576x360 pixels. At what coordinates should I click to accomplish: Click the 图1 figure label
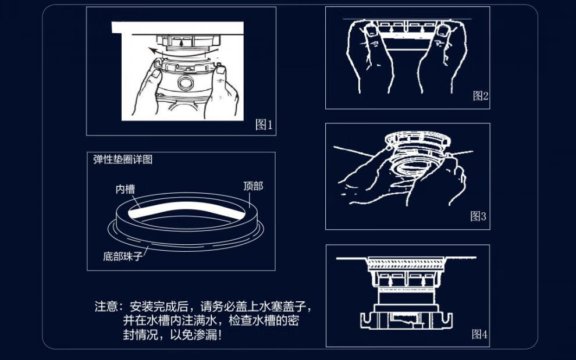tap(264, 125)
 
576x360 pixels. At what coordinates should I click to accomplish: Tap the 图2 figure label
tap(481, 96)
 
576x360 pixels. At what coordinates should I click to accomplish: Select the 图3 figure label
tap(478, 216)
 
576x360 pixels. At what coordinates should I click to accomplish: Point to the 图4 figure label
tap(479, 334)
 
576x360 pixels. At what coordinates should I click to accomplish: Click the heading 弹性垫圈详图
tap(123, 159)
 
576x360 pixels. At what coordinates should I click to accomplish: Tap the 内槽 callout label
tap(125, 189)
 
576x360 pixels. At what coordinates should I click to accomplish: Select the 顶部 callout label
tap(253, 186)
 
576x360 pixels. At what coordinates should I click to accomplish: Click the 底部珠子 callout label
tap(122, 256)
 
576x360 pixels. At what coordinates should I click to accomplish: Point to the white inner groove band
tap(186, 207)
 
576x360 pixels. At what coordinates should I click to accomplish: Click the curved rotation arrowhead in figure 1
tap(152, 51)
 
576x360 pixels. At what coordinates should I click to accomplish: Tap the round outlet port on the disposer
tap(186, 83)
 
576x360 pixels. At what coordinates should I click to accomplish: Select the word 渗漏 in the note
tap(205, 334)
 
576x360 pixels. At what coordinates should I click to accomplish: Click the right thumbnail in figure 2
tap(443, 31)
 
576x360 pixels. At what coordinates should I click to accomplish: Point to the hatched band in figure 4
tap(407, 265)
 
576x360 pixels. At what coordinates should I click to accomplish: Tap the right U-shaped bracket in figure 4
tap(445, 320)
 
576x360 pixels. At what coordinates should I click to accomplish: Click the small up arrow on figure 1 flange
tap(180, 42)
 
